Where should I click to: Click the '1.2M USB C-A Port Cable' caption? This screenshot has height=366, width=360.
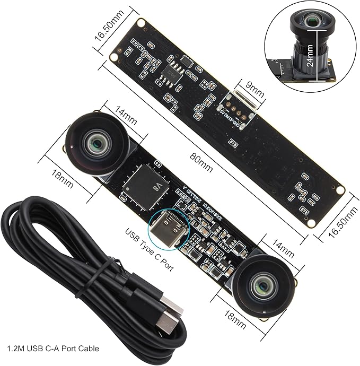(54, 348)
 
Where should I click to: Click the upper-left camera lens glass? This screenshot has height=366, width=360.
(98, 143)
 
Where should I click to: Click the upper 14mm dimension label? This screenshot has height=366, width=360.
(125, 112)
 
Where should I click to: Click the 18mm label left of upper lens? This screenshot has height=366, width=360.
(60, 176)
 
